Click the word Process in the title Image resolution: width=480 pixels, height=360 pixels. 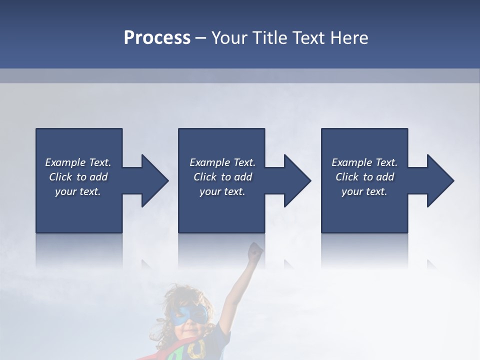157,38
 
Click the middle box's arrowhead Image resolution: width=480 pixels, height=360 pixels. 297,180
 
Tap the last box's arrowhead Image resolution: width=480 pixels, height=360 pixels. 440,180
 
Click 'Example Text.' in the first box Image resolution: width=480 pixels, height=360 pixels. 78,162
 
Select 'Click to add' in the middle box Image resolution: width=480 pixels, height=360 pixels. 222,177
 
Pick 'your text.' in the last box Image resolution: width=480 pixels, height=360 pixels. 364,191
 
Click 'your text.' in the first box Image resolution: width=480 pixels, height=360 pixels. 78,191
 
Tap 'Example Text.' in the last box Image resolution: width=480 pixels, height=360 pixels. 364,162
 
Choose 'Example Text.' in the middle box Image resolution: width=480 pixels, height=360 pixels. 222,162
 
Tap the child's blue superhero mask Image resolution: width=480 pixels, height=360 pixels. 189,314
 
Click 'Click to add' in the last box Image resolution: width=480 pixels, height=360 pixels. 364,177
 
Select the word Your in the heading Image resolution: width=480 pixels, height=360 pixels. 229,38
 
